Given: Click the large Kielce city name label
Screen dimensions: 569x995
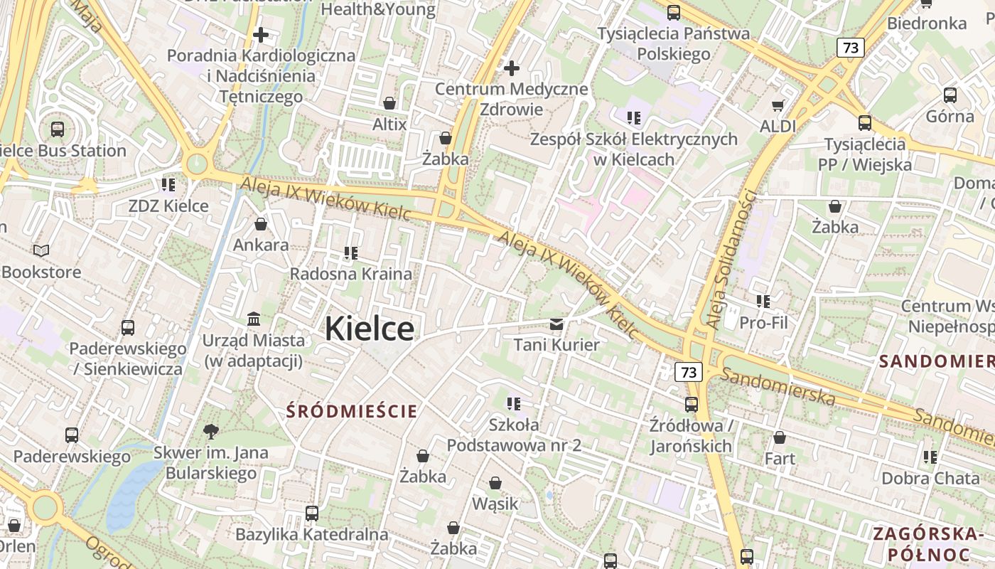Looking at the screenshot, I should pyautogui.click(x=370, y=329).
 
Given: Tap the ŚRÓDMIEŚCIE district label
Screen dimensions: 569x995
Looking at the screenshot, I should pyautogui.click(x=352, y=411).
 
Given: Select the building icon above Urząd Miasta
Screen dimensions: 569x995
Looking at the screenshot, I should pyautogui.click(x=254, y=318).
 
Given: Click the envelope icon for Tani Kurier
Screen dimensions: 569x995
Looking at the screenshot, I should pyautogui.click(x=556, y=324).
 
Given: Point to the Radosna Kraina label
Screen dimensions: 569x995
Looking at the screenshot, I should pyautogui.click(x=350, y=274).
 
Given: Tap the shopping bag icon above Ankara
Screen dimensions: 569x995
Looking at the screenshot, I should pyautogui.click(x=261, y=224).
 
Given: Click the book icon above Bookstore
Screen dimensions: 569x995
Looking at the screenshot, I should pyautogui.click(x=41, y=250).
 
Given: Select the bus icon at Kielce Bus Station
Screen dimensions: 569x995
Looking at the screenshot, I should pyautogui.click(x=58, y=129).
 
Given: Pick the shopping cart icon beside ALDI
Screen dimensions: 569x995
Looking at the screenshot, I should pyautogui.click(x=778, y=105).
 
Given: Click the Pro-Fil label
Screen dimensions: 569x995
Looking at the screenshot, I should pyautogui.click(x=763, y=323).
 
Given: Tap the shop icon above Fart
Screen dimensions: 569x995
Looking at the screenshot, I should pyautogui.click(x=780, y=437).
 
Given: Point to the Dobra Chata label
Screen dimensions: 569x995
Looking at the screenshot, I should pyautogui.click(x=930, y=478).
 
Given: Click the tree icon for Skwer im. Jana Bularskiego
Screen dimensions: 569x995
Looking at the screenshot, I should pyautogui.click(x=210, y=430).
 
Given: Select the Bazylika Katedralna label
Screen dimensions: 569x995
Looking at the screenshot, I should pyautogui.click(x=311, y=534).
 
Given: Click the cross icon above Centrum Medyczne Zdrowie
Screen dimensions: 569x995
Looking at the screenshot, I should pyautogui.click(x=512, y=68).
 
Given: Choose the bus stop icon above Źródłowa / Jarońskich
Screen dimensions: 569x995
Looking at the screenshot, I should pyautogui.click(x=691, y=405).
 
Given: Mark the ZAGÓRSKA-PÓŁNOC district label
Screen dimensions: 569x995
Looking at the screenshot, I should pyautogui.click(x=928, y=544).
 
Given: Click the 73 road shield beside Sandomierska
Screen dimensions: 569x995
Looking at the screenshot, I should pyautogui.click(x=688, y=372).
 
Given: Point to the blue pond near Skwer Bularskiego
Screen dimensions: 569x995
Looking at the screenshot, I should pyautogui.click(x=131, y=487).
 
